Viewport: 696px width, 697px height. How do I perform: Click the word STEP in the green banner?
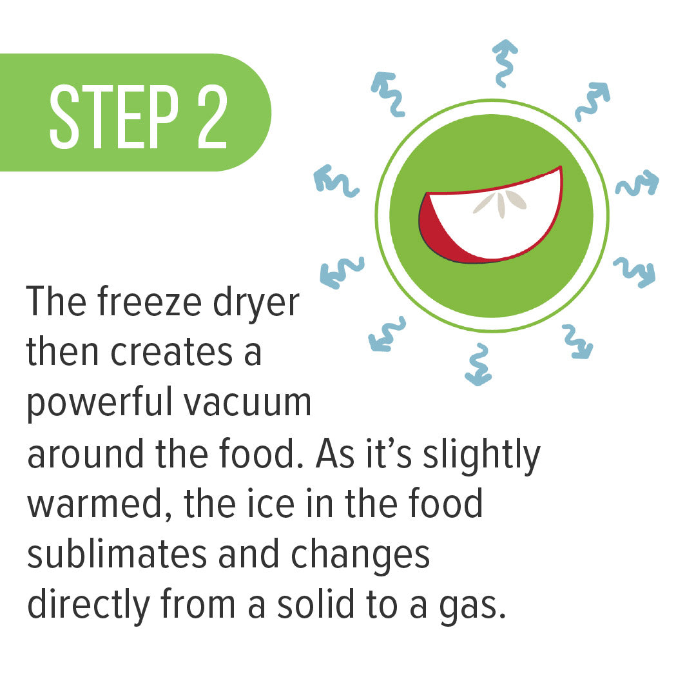(x=113, y=117)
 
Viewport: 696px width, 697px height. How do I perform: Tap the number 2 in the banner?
(x=213, y=117)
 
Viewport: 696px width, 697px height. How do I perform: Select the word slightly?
(x=481, y=456)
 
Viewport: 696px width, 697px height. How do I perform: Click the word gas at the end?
(x=472, y=609)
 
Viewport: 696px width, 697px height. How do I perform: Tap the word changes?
(x=360, y=556)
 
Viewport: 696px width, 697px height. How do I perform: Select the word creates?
(x=171, y=353)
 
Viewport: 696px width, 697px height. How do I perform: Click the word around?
(x=86, y=453)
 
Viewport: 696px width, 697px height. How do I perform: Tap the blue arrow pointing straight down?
(x=478, y=364)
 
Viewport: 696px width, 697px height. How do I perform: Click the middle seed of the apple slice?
(x=501, y=206)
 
